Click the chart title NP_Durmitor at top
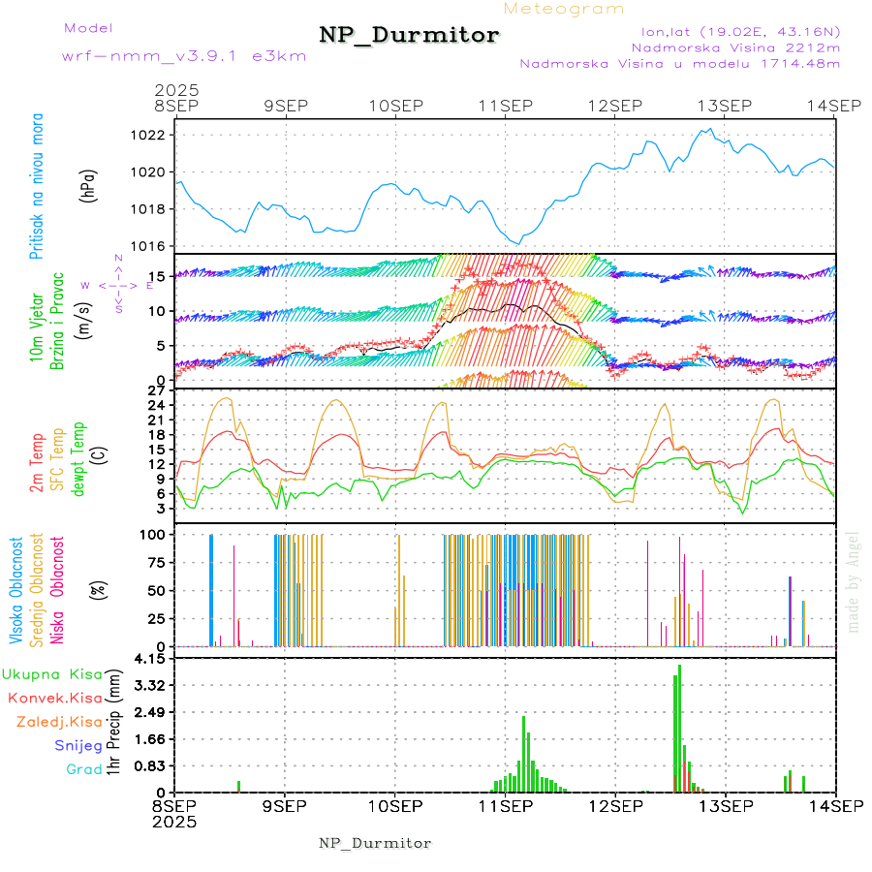[x=409, y=35]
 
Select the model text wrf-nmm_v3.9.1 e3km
[x=184, y=56]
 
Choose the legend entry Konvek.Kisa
[x=54, y=698]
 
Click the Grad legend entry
[x=83, y=770]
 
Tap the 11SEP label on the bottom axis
[x=505, y=804]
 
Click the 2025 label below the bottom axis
[x=175, y=821]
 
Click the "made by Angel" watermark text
[x=854, y=581]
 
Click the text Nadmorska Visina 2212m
[x=735, y=47]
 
